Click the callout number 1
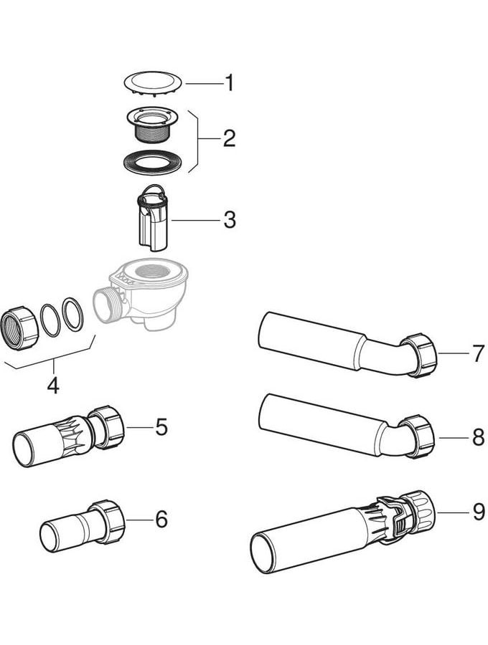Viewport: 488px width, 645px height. pos(229,84)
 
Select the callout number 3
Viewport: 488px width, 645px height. pos(229,219)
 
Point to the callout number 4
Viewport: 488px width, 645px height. pos(52,386)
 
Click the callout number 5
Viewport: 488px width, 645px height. pos(161,427)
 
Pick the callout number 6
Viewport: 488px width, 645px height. pos(161,519)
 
